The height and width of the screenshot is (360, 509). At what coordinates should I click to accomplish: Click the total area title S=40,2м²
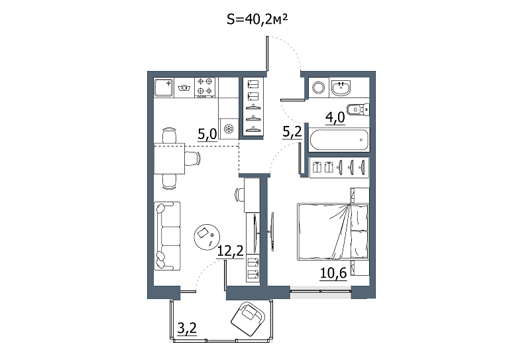click(x=257, y=20)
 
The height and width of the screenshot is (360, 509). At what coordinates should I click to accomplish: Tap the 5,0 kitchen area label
click(x=207, y=134)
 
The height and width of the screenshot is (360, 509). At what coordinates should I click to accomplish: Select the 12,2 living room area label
click(x=230, y=251)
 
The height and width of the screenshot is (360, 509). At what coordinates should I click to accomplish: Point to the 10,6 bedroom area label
click(x=333, y=273)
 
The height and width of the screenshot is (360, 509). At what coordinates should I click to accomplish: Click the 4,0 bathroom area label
click(x=335, y=117)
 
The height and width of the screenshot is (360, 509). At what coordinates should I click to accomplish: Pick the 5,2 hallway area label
click(x=292, y=133)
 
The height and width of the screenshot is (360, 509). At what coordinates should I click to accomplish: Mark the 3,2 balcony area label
click(x=188, y=329)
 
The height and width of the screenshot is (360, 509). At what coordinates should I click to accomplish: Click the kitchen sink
click(x=164, y=88)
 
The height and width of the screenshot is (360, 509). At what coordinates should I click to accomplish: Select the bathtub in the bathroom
click(x=339, y=140)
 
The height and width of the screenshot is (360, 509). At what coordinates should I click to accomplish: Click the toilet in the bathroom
click(x=359, y=109)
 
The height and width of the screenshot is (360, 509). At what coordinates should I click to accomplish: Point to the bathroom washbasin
click(x=341, y=88)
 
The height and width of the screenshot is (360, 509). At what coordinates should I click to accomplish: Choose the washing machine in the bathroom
click(x=318, y=88)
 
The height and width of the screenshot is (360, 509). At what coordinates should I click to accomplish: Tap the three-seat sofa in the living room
click(x=167, y=235)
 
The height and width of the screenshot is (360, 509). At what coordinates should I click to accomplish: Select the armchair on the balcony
click(x=248, y=318)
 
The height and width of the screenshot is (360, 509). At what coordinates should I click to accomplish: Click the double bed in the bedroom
click(x=333, y=231)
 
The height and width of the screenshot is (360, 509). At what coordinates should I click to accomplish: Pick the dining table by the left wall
click(x=169, y=158)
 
